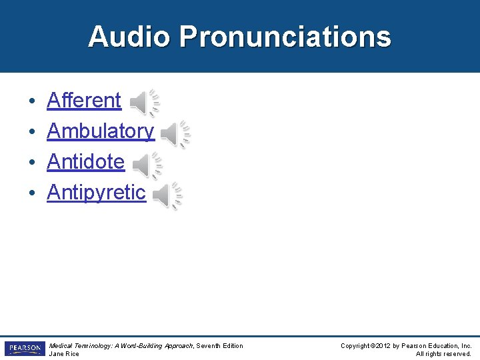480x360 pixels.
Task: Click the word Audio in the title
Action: [x=129, y=37]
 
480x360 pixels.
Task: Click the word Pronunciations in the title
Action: [x=285, y=37]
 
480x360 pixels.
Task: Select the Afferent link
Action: [x=84, y=101]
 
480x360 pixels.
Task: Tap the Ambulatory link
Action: [x=100, y=131]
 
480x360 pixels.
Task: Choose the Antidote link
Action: [x=85, y=162]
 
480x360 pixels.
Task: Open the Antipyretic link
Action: [x=96, y=193]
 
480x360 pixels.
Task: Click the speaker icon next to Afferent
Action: [x=143, y=102]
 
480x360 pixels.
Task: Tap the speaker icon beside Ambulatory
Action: [x=175, y=134]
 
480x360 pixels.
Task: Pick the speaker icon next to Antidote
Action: [x=146, y=165]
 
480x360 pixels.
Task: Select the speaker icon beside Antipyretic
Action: [x=167, y=195]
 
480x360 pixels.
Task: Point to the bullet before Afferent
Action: [x=32, y=102]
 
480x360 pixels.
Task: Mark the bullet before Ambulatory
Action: [x=32, y=133]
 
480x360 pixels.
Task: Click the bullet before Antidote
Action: [x=32, y=163]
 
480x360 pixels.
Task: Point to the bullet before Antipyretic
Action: [x=32, y=194]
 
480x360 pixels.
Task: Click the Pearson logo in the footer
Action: [x=25, y=349]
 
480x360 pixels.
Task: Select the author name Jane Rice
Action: [x=64, y=354]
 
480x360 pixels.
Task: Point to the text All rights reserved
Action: [x=443, y=354]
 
